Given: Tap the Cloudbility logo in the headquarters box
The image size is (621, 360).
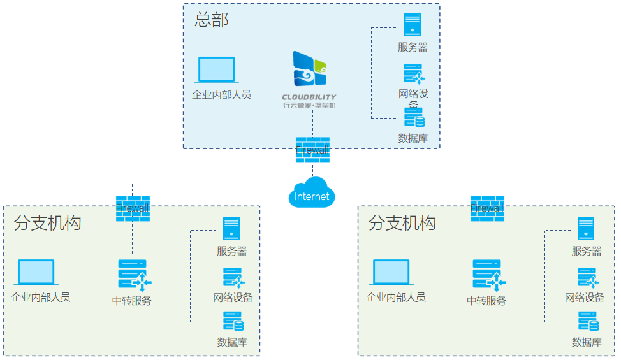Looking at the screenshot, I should click(x=310, y=69).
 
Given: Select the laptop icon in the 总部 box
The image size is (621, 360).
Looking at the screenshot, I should click(x=217, y=69).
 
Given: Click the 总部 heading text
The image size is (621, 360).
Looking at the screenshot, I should click(x=212, y=20).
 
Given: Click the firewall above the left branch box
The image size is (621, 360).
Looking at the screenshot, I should click(x=133, y=208).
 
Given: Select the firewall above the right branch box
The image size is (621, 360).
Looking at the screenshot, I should click(x=487, y=208).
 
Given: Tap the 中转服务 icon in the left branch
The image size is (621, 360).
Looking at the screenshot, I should click(x=133, y=274).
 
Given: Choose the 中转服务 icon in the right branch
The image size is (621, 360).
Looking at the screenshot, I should click(x=488, y=274).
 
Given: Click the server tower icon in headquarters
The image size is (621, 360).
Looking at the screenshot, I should click(x=413, y=25).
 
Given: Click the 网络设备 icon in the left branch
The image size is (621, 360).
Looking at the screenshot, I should click(x=231, y=278).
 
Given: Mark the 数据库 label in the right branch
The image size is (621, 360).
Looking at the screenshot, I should click(x=587, y=342).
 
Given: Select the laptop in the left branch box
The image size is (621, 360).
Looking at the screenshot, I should click(x=36, y=273).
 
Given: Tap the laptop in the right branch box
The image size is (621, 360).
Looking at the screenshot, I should click(x=391, y=273).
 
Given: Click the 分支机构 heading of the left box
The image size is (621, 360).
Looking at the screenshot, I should click(x=47, y=223).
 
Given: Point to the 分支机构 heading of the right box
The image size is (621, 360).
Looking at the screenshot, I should click(x=402, y=223).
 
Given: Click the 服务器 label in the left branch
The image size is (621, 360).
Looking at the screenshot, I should click(x=231, y=251).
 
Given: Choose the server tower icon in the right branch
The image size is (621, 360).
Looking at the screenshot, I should click(x=586, y=229).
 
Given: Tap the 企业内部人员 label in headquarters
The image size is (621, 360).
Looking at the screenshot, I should click(x=221, y=95).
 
